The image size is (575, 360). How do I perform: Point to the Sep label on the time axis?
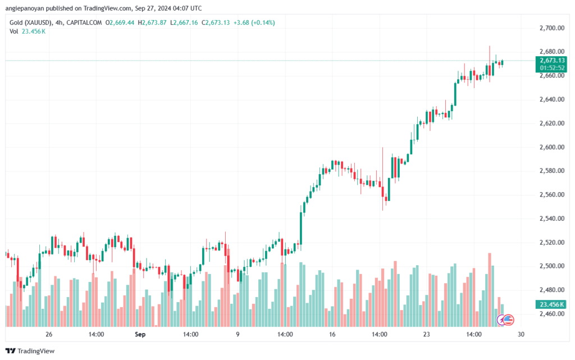pos(140,335)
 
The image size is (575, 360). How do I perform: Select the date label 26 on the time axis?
pos(49,335)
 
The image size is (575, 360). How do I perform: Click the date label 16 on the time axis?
pos(332,335)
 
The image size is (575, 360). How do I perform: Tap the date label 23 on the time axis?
pos(427,335)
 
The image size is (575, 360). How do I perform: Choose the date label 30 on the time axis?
pos(521,335)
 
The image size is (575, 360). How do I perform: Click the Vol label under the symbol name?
pos(14,31)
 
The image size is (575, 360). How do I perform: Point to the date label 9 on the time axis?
pos(238,335)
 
